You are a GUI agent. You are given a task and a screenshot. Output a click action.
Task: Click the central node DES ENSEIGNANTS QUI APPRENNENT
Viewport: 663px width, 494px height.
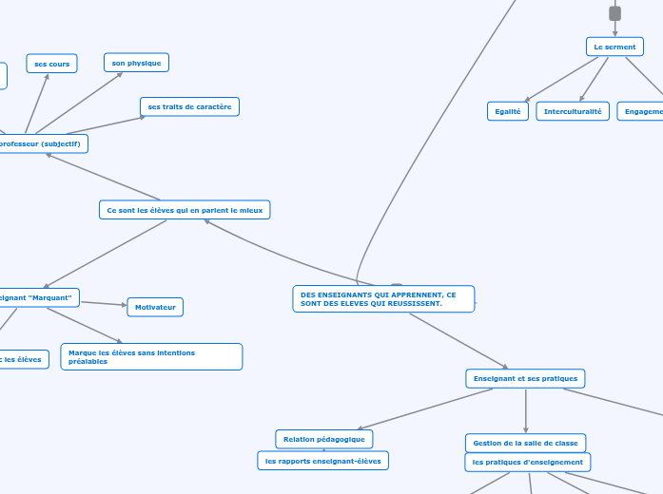(x=382, y=298)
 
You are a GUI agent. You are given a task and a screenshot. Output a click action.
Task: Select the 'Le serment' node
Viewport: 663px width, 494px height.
(x=614, y=47)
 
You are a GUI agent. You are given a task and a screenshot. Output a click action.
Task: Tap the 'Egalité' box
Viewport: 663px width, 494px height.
(x=507, y=111)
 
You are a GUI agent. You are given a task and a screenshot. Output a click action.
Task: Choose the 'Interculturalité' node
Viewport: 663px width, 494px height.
(x=573, y=111)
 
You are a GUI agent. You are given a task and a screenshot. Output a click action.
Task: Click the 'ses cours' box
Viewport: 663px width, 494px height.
(x=51, y=64)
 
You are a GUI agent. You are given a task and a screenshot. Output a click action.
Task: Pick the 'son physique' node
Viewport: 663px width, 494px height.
(x=136, y=63)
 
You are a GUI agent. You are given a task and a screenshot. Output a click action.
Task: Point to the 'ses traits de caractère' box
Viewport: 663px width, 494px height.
(x=189, y=106)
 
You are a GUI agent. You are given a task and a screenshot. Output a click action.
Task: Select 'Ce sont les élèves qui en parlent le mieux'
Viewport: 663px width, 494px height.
(x=185, y=209)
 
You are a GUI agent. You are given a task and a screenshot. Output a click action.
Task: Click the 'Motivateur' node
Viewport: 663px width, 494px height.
(x=155, y=307)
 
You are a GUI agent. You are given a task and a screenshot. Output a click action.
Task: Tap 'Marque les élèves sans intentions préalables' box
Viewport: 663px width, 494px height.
(x=151, y=356)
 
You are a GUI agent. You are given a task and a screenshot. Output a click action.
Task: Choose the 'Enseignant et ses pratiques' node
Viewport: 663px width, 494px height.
(x=525, y=378)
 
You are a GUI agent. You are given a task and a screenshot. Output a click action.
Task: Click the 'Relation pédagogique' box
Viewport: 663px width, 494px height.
(x=323, y=439)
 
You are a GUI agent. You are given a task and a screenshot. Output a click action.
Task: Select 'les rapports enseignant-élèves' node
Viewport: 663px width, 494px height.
(x=322, y=461)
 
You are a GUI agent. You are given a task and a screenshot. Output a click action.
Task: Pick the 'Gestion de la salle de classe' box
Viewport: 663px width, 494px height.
(x=525, y=443)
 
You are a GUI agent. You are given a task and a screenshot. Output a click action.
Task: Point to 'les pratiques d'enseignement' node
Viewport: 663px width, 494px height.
(x=527, y=462)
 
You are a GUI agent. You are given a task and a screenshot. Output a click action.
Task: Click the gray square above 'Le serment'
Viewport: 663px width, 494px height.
(x=614, y=13)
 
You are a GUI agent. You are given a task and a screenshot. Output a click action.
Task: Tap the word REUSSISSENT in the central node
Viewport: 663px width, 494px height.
(x=414, y=303)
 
